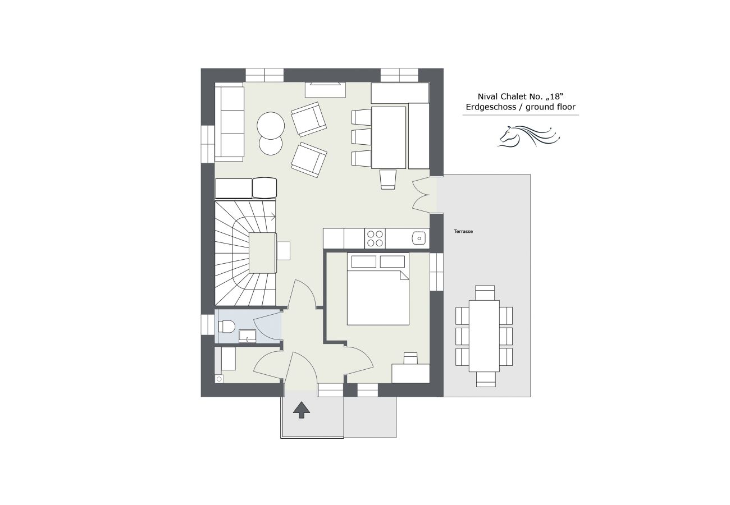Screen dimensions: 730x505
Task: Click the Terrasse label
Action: tap(463, 231)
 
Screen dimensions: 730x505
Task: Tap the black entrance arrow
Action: tap(301, 410)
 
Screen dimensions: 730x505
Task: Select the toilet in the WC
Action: tap(226, 326)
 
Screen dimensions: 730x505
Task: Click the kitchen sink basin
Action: tap(419, 238)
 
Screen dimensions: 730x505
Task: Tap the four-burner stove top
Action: tap(375, 238)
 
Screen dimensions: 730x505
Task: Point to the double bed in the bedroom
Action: tap(378, 289)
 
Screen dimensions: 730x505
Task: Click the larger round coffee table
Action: tap(271, 126)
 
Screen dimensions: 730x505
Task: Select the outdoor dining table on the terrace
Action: tap(484, 336)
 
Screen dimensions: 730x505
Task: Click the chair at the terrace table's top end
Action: tap(485, 293)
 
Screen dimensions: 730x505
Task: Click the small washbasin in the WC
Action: tap(247, 336)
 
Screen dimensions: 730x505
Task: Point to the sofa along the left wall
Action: tap(230, 122)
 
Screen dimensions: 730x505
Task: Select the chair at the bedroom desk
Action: tap(410, 358)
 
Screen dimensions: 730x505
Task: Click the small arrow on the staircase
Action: tap(273, 216)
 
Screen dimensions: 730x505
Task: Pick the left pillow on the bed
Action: tap(364, 261)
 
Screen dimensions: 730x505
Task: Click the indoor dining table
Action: tap(389, 137)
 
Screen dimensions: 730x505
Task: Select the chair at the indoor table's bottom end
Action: tap(388, 179)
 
